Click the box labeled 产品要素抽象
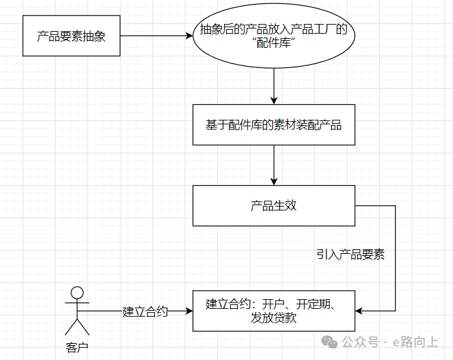[x=71, y=36]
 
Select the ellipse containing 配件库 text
[x=273, y=36]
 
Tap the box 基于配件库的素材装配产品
[x=273, y=125]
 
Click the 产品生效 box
[x=273, y=206]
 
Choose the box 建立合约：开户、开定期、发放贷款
[x=273, y=311]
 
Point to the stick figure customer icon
[x=77, y=310]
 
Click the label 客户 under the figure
[x=77, y=348]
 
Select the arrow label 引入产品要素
[x=351, y=254]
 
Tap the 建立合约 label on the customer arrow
[x=145, y=311]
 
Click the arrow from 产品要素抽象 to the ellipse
[x=156, y=36]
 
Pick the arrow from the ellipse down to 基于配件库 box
[x=274, y=84]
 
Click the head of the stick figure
[x=77, y=292]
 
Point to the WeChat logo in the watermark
[x=331, y=341]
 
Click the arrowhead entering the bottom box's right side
[x=360, y=311]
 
